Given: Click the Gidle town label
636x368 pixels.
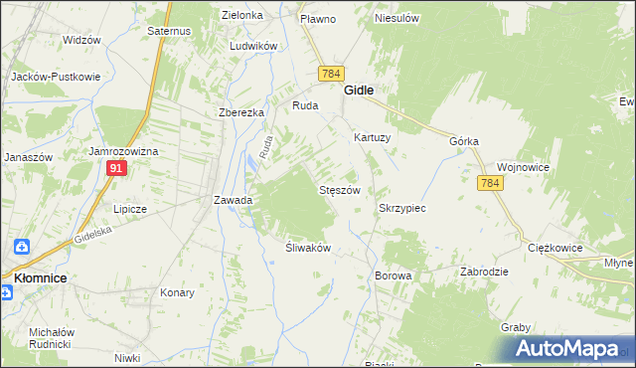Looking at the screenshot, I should click(359, 90).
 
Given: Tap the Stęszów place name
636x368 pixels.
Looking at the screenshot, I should click(338, 189).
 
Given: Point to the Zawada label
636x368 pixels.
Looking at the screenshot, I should click(234, 200).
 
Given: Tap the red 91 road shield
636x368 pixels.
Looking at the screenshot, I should click(117, 170).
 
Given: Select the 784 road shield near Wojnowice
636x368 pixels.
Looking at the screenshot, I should click(489, 184).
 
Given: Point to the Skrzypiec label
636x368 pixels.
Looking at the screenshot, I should click(402, 209).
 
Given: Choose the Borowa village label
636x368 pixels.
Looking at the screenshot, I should click(393, 275).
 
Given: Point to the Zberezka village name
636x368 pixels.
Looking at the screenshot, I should click(241, 112).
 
